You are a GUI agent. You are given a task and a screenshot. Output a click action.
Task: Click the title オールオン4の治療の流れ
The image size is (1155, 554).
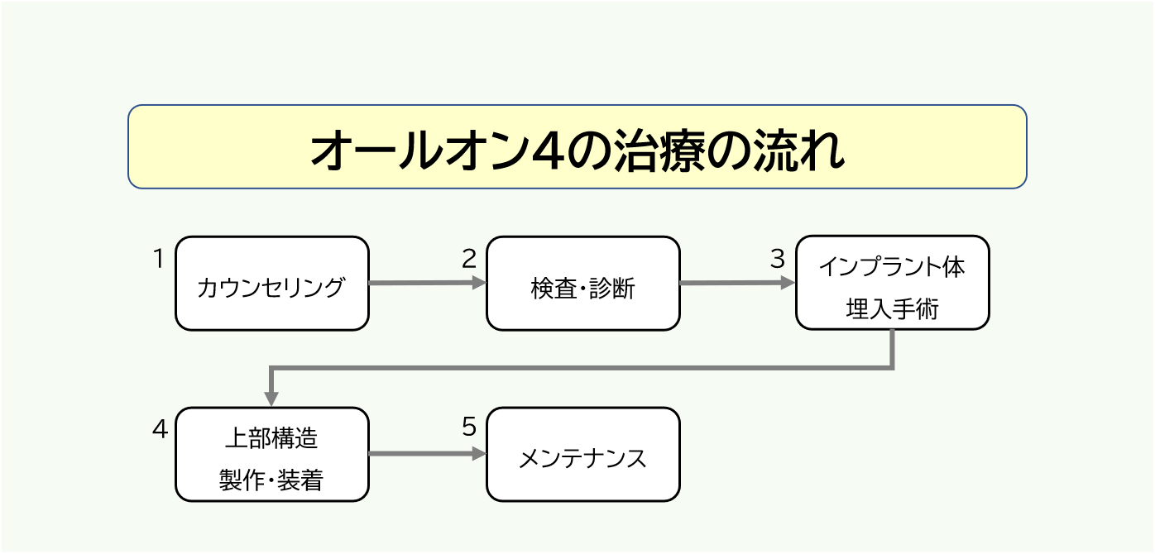coord(577,149)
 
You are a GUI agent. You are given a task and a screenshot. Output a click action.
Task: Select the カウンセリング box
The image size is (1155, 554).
coord(271,284)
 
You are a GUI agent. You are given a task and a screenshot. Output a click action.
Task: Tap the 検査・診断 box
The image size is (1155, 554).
coord(582,284)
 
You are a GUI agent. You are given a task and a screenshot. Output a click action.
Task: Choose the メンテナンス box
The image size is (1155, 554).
coord(582,455)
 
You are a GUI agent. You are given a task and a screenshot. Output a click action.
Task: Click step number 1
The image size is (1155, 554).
coord(159,259)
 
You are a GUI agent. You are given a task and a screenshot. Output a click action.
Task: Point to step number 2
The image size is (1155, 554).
coord(469,259)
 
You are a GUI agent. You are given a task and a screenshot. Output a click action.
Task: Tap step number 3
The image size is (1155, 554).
coord(777,259)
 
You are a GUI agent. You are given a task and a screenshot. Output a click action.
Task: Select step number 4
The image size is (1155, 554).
coord(160,429)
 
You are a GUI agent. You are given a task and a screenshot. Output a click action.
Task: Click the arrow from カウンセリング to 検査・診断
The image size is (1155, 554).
coord(426,283)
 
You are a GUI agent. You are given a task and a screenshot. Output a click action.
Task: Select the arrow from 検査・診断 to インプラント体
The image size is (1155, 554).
coord(736,283)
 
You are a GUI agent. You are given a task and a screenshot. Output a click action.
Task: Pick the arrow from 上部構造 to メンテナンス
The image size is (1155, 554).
coord(426,454)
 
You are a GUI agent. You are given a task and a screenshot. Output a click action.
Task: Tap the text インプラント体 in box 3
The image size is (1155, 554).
coord(892,268)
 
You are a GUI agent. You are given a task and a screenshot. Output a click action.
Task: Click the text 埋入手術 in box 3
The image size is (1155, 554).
coord(892,308)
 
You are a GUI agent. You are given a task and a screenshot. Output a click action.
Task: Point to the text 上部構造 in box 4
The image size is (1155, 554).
coord(271,438)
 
